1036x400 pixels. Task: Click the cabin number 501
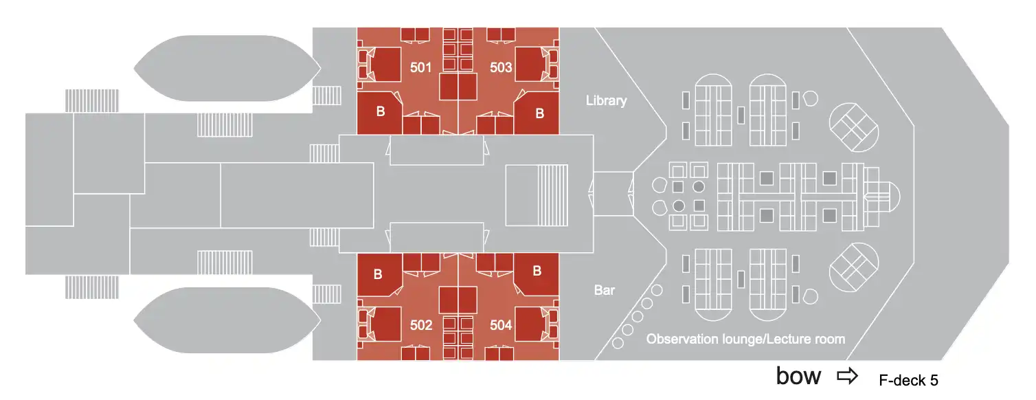click(x=420, y=67)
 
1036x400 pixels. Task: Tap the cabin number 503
click(x=501, y=67)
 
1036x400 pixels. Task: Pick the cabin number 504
click(x=501, y=325)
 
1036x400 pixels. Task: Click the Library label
click(x=606, y=101)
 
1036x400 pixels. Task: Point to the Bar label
click(x=605, y=291)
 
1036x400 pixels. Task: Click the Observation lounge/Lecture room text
click(x=745, y=340)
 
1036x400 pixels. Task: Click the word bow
click(x=798, y=376)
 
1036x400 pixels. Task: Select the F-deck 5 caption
click(x=908, y=379)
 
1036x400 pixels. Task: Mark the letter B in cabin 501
click(x=380, y=112)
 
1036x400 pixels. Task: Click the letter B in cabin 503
click(x=540, y=113)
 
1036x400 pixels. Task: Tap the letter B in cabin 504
click(x=537, y=271)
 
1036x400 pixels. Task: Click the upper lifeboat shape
click(x=227, y=67)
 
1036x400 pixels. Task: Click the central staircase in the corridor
click(x=537, y=195)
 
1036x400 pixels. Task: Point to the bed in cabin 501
click(x=385, y=64)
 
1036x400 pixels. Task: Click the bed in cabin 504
click(x=531, y=324)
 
